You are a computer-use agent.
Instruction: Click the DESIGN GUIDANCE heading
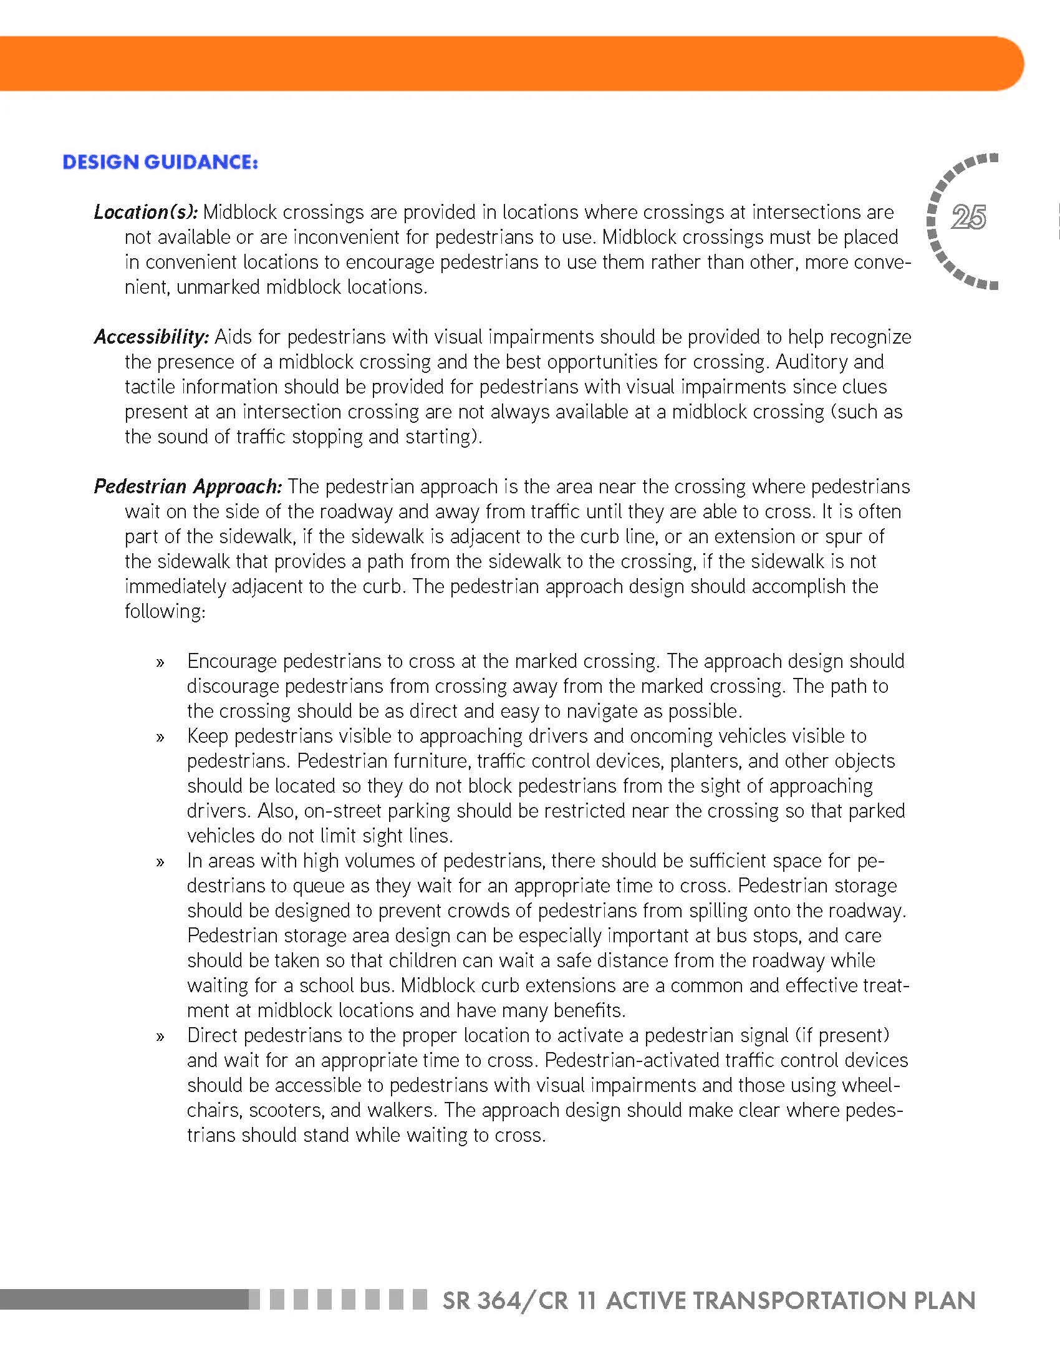160,162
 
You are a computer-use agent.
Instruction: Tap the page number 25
968,218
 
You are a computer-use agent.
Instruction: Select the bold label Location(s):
146,212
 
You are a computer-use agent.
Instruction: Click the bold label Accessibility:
152,337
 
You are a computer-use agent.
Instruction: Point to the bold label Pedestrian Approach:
188,487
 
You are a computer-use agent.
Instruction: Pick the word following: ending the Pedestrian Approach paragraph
165,611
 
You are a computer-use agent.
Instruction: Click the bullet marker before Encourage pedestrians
161,663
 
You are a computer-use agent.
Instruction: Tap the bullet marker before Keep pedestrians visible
161,738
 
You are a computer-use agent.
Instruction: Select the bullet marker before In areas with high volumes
161,862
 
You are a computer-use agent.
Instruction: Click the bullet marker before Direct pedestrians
161,1036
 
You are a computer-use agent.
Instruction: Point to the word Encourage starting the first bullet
232,662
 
